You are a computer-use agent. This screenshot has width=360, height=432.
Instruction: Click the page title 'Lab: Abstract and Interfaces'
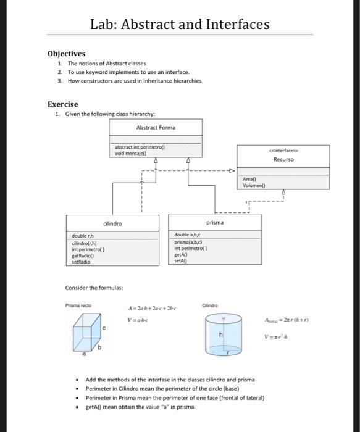[180, 24]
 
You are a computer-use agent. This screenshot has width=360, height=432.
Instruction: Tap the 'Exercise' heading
[64, 104]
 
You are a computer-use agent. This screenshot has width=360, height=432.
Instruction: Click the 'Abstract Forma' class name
[156, 127]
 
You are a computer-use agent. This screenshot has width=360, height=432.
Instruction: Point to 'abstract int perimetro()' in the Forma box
[140, 148]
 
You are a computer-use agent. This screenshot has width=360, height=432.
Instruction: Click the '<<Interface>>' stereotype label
[284, 149]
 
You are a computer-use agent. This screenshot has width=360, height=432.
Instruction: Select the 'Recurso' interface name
[284, 159]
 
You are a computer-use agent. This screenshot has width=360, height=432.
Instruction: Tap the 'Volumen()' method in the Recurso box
[254, 185]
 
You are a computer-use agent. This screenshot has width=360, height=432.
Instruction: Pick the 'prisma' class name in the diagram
[215, 222]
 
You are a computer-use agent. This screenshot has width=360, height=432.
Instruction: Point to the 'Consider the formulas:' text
[94, 288]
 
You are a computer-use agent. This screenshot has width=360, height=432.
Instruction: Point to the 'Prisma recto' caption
[77, 305]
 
